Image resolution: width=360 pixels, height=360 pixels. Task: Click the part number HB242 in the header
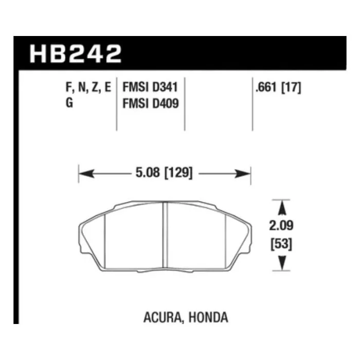pos(76,53)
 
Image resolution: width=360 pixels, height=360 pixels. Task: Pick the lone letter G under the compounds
pos(69,103)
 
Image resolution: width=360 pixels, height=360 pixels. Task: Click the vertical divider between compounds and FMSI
pos(118,103)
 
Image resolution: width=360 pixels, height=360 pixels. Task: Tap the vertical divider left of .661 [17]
pos(252,103)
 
